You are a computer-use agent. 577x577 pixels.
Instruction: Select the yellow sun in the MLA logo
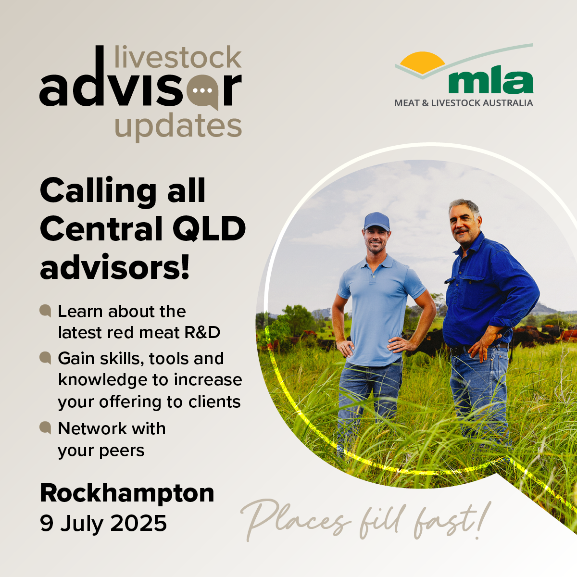tap(422, 63)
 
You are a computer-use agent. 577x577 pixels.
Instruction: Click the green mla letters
tap(491, 82)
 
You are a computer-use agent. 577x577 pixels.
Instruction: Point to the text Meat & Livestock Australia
tap(464, 103)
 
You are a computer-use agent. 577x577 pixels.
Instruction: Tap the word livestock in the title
tap(178, 57)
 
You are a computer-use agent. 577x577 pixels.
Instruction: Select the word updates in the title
tap(178, 126)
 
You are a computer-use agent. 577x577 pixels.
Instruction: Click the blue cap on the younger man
tap(376, 221)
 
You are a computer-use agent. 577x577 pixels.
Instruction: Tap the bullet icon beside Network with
tap(45, 427)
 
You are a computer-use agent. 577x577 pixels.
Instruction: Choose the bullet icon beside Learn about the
tap(45, 311)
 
